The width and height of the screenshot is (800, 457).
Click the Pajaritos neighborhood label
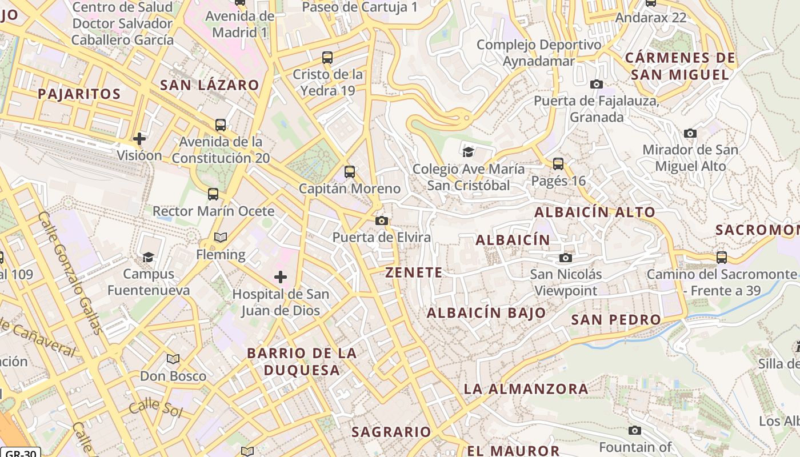[79, 94]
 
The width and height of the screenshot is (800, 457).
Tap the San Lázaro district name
[209, 85]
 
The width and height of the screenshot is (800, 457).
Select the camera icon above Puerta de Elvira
[382, 221]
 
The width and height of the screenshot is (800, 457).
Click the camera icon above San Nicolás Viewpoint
[566, 258]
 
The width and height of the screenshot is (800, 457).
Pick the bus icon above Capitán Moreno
[349, 171]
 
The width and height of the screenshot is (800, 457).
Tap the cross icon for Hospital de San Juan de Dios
[281, 278]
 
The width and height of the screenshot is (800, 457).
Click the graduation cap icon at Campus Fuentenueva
[149, 257]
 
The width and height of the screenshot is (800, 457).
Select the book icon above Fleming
[221, 237]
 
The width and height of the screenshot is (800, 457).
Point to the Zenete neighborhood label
[414, 272]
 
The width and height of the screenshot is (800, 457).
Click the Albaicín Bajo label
[486, 313]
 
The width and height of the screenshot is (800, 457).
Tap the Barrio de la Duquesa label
[302, 362]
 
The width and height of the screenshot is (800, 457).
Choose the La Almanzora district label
[526, 389]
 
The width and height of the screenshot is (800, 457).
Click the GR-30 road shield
[20, 452]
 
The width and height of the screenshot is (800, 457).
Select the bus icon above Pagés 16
[558, 164]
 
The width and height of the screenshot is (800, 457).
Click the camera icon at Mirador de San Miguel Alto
[690, 134]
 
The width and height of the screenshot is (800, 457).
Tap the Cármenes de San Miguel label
[679, 66]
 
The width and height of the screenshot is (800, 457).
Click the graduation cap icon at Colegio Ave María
[469, 152]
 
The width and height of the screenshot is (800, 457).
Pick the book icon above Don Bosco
[173, 359]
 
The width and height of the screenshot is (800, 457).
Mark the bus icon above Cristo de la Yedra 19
[327, 57]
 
